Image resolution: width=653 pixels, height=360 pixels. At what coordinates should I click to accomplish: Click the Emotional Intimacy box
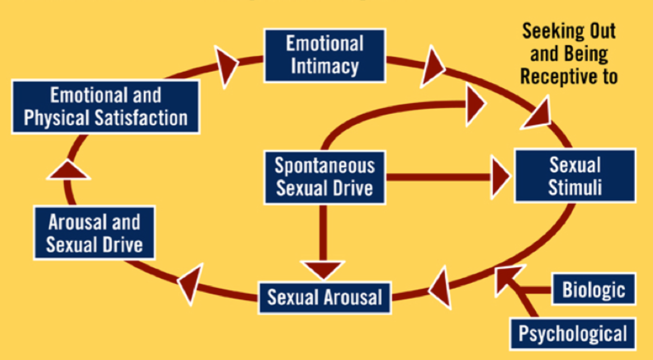[x=325, y=55]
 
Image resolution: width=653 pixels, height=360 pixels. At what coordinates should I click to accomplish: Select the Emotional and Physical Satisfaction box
[x=106, y=107]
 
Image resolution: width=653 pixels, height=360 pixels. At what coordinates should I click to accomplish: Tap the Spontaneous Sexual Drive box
[x=325, y=177]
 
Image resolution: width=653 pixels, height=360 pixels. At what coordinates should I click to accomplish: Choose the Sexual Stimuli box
[x=575, y=175]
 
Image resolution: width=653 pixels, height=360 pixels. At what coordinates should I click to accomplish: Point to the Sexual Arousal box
[x=325, y=298]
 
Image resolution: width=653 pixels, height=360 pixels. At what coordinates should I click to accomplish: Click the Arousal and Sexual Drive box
[x=94, y=233]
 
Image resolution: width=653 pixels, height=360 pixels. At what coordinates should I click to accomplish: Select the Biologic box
[x=594, y=289]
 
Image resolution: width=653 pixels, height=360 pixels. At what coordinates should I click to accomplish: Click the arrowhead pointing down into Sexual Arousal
[x=324, y=269]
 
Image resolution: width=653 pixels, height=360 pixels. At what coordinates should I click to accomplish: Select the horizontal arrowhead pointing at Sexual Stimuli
[x=500, y=177]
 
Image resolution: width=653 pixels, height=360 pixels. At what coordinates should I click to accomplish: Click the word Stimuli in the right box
[x=575, y=188]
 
